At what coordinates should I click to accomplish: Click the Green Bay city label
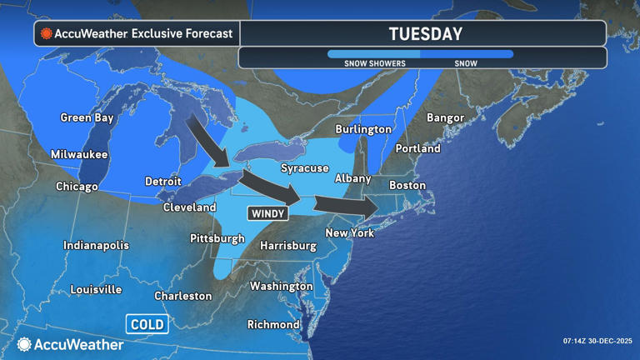[87, 117]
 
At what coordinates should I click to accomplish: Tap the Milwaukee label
[78, 154]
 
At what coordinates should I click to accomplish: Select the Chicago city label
[77, 187]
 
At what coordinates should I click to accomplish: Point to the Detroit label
[162, 181]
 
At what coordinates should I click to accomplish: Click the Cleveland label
[189, 207]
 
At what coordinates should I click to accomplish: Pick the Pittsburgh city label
[217, 238]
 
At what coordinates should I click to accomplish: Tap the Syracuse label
[304, 168]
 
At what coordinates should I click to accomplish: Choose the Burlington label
[363, 129]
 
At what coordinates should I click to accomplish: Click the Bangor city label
[445, 117]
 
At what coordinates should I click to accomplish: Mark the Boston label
[407, 185]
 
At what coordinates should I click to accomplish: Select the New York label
[349, 233]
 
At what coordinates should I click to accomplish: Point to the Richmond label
[273, 324]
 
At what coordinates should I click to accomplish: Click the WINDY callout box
[267, 214]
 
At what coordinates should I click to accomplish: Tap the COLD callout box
[147, 324]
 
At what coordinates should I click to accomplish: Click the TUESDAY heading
[425, 34]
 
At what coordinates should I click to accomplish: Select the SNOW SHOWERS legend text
[375, 63]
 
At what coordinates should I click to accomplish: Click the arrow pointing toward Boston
[343, 206]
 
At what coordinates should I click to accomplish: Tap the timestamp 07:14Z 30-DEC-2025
[596, 340]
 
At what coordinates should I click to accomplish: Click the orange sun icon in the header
[47, 34]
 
